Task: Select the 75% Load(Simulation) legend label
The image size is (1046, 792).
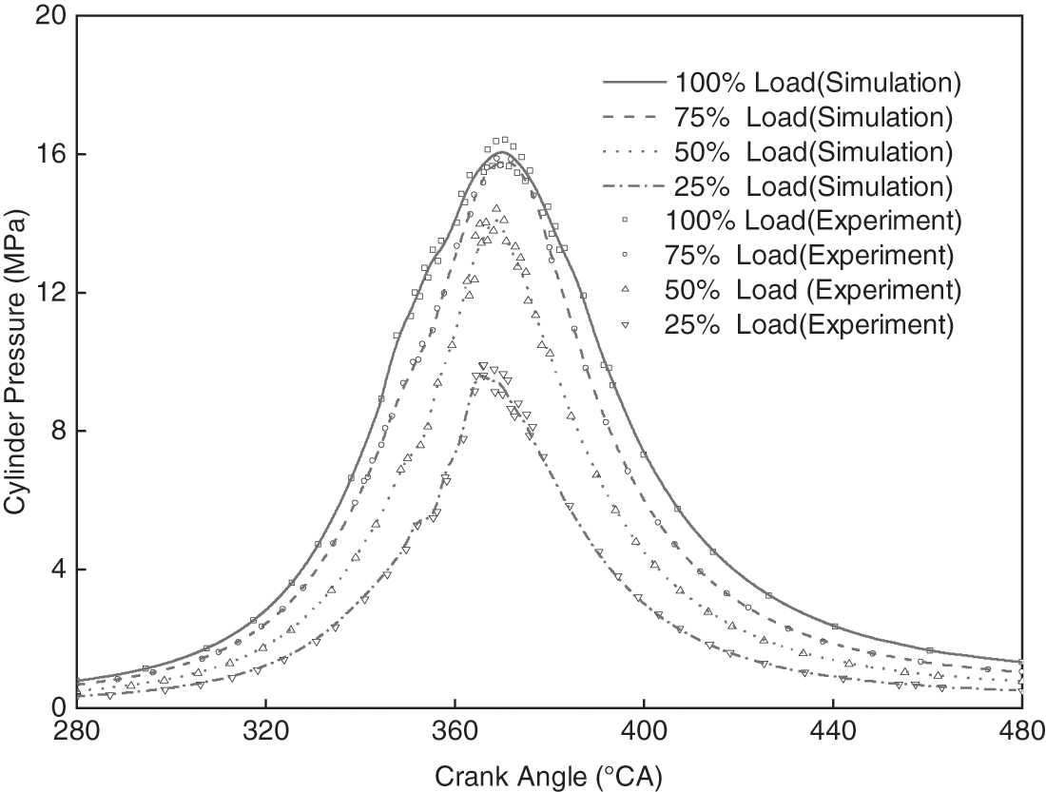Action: coord(813,117)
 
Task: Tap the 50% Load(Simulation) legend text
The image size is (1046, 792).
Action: coord(813,151)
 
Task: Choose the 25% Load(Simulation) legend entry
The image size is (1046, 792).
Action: coord(813,185)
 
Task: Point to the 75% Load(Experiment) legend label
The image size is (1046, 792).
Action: coord(813,255)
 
